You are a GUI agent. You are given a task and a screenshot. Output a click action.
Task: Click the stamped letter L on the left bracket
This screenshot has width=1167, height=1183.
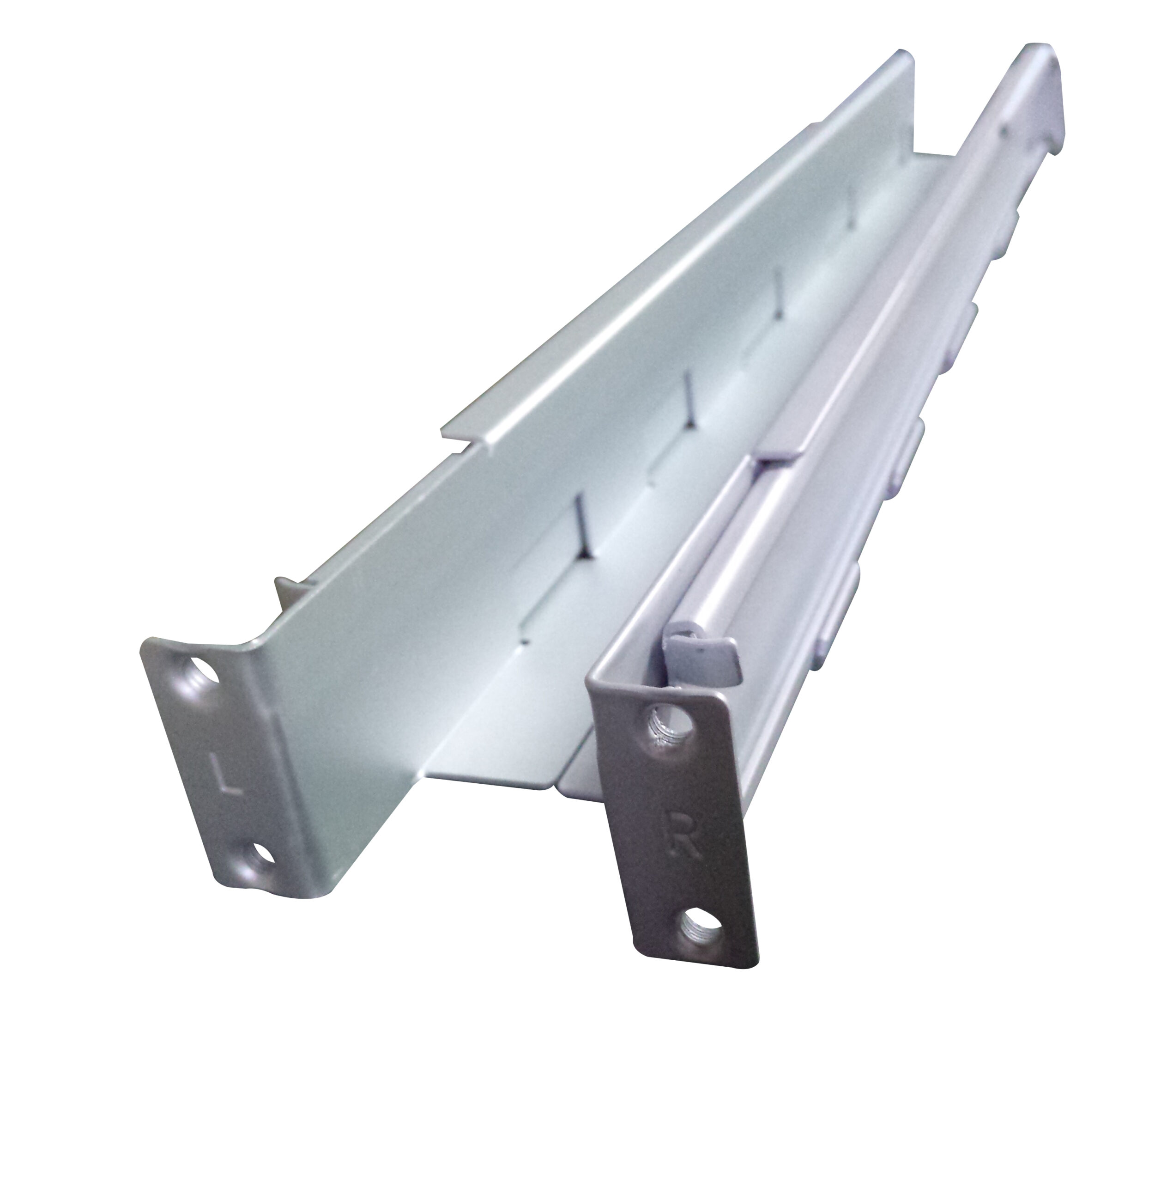click(x=226, y=775)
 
